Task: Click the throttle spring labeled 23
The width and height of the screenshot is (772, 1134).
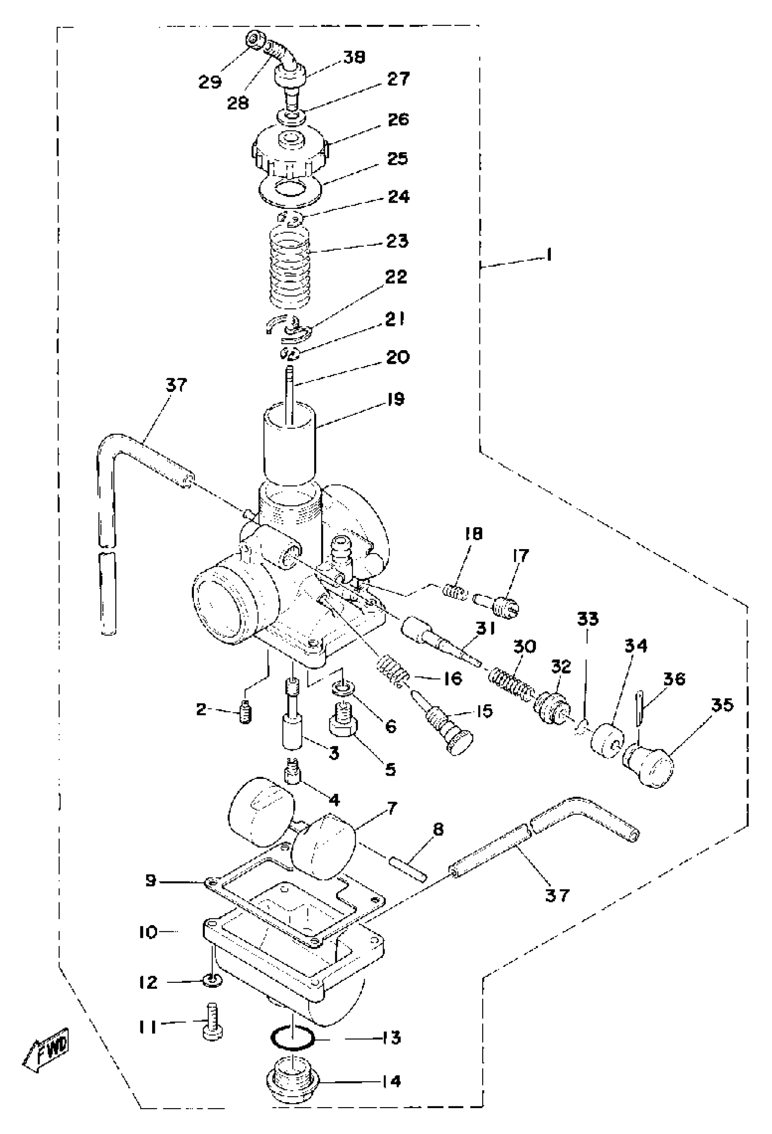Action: (x=290, y=268)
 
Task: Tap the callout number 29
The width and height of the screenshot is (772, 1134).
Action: (x=210, y=82)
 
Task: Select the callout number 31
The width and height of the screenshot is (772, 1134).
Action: (x=485, y=629)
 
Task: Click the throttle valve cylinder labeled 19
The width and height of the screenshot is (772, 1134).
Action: (x=289, y=444)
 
